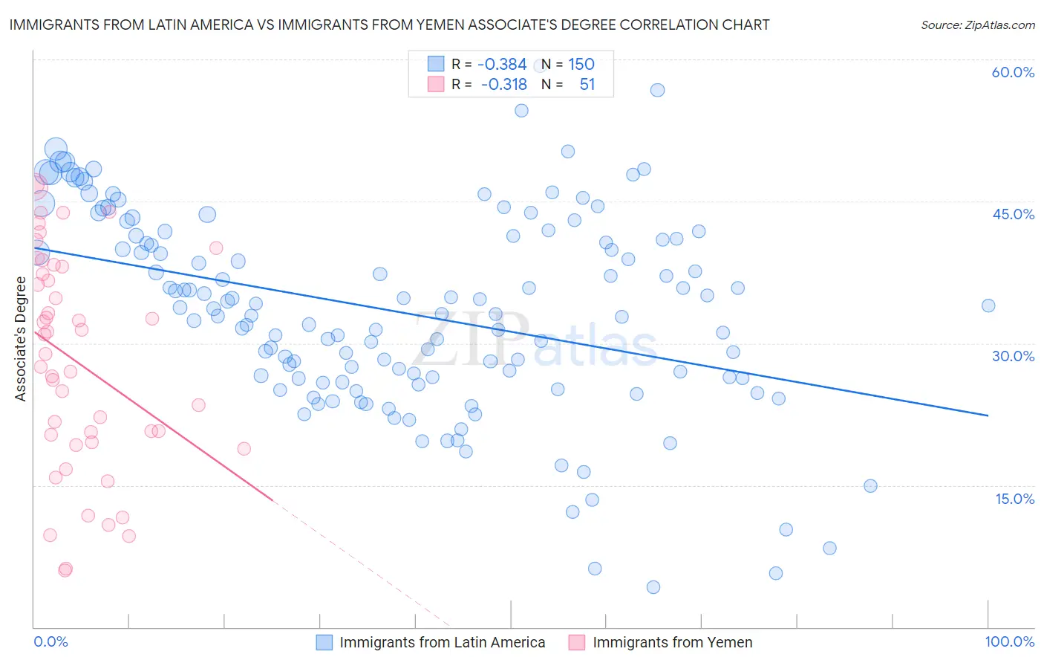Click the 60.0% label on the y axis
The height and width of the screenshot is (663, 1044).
(1013, 72)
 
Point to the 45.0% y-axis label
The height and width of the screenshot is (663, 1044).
(1013, 214)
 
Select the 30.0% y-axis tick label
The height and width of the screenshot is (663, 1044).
(1013, 356)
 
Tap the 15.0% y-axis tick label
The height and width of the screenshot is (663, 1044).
(1014, 499)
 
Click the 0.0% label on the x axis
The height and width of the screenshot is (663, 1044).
(50, 641)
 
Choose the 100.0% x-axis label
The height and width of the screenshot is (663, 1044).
(1009, 641)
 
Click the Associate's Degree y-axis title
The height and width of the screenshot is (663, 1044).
(21, 339)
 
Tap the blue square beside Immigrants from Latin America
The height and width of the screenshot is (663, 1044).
(324, 642)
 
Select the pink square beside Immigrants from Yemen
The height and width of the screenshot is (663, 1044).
(577, 642)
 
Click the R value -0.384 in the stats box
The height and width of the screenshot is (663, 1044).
(502, 65)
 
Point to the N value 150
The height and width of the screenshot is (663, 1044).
(581, 65)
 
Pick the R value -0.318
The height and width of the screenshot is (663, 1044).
(503, 85)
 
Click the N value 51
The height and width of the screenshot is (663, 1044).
(587, 85)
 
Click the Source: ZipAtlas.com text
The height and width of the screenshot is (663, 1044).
(977, 25)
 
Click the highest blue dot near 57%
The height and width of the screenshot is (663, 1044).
(657, 90)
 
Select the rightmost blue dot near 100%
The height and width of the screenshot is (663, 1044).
(988, 305)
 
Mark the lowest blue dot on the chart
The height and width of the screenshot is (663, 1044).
(653, 587)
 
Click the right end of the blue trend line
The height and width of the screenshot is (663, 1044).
(988, 415)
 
